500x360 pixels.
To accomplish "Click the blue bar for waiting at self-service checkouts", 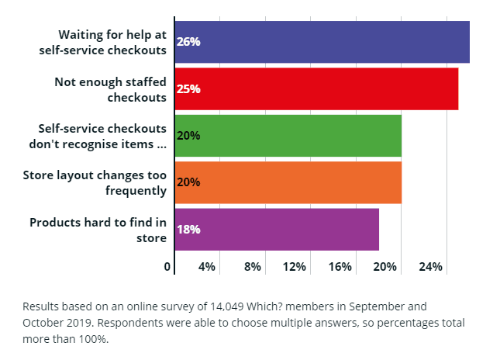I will coord(322,42).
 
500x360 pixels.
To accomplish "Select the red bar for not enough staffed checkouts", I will coord(316,88).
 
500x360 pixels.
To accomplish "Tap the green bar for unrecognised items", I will coord(288,135).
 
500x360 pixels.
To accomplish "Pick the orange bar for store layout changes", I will coord(288,182).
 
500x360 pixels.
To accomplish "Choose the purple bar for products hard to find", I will coord(277,229).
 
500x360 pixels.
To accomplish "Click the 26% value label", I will coord(188,42).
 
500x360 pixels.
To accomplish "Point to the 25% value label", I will coord(188,88).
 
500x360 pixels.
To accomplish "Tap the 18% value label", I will coord(188,229).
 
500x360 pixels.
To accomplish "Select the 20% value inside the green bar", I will coord(188,135).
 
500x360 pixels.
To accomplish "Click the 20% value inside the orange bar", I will coord(188,182).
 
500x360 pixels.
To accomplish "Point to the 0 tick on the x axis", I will coord(167,267).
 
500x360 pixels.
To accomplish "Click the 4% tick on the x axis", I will coord(207,267).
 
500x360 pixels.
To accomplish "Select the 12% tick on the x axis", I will coord(295,267).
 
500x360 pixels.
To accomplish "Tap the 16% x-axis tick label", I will coord(340,267).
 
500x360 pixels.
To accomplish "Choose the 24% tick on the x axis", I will coord(431,267).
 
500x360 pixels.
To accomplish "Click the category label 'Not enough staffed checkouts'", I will coord(110,89).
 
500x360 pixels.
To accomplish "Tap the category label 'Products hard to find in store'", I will coord(98,230).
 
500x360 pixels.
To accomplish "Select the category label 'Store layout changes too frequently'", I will coord(95,182).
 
